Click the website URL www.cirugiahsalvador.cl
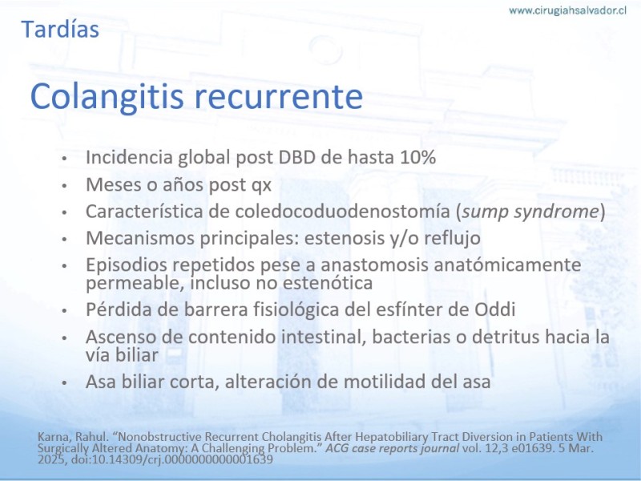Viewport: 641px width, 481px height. click(567, 10)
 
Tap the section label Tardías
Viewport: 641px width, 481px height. click(60, 30)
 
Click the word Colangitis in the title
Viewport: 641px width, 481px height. click(107, 97)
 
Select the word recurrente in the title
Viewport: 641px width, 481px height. click(278, 97)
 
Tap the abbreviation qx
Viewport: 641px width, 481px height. click(261, 186)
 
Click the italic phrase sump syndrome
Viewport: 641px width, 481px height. click(530, 212)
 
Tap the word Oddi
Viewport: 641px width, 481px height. click(494, 309)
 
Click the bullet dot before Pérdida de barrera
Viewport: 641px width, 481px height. click(64, 311)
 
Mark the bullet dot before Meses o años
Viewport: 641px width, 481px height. click(64, 186)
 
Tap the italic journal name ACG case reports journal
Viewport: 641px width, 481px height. click(393, 448)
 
